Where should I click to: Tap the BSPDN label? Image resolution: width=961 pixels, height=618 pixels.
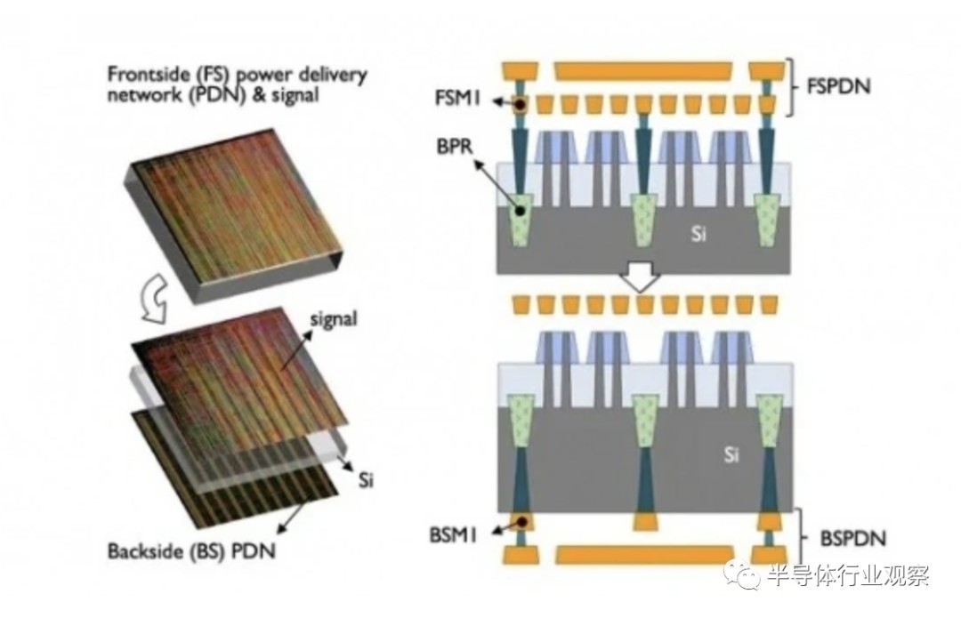click(x=841, y=539)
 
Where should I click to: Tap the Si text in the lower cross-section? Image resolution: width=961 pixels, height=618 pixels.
click(x=732, y=456)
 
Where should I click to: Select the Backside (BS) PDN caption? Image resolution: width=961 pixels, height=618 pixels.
click(x=191, y=552)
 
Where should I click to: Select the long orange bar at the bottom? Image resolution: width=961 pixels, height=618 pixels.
click(x=645, y=555)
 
